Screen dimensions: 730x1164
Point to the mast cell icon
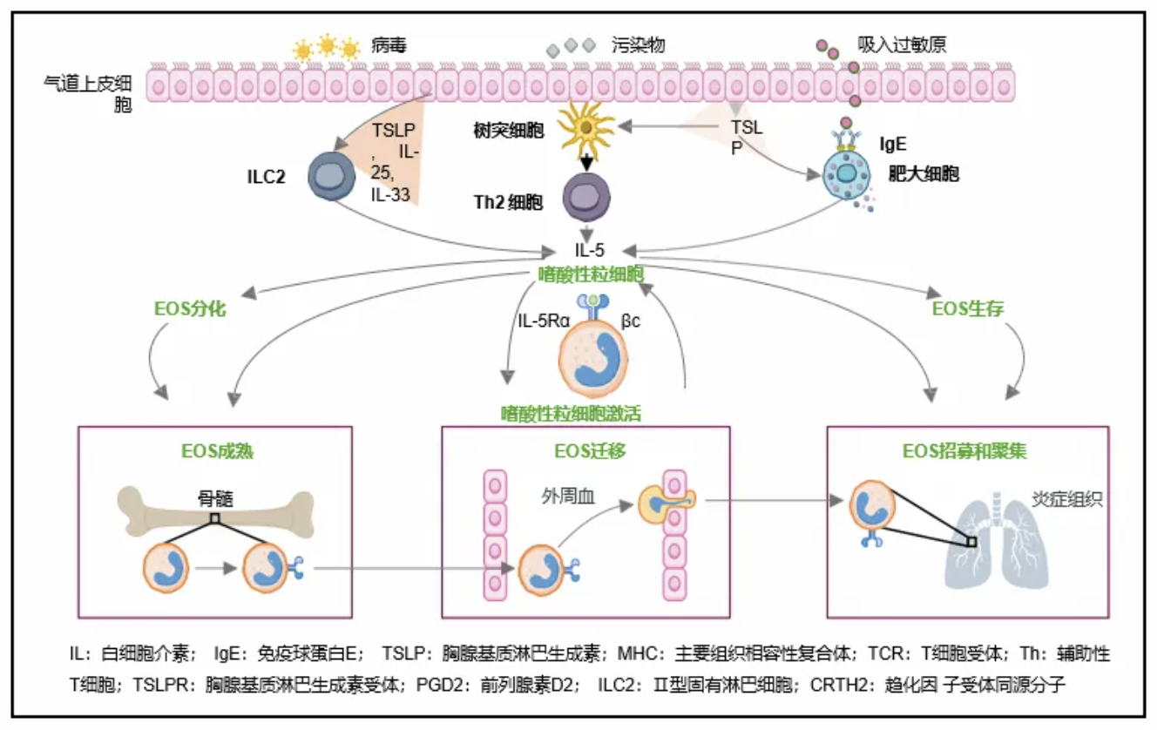point(844,175)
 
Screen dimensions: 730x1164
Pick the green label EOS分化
point(192,308)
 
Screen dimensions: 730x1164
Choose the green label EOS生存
point(968,308)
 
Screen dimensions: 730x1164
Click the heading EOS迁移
point(585,451)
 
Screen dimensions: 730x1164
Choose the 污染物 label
point(638,45)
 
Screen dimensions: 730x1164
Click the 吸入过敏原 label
point(902,45)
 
